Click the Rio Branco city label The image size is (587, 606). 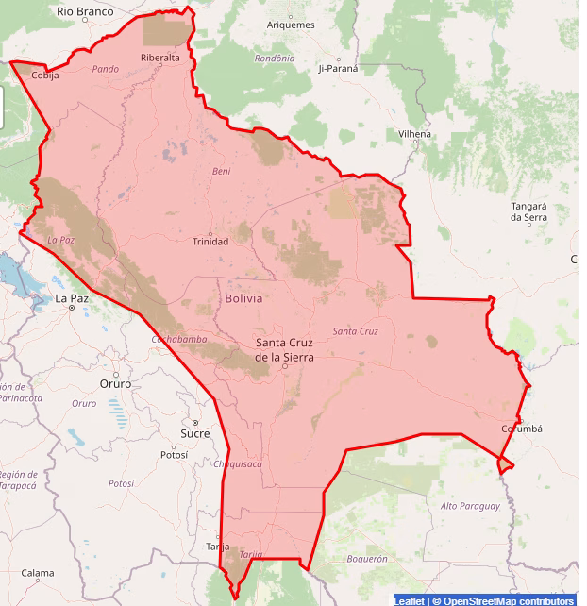click(x=85, y=11)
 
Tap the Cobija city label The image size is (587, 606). click(x=45, y=75)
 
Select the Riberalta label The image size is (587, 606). click(x=159, y=58)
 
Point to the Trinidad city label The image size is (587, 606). click(x=210, y=242)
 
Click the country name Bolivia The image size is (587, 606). click(x=243, y=297)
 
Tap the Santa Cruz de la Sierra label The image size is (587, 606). click(x=285, y=350)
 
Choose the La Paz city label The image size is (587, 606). click(x=72, y=298)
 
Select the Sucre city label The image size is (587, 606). click(x=194, y=433)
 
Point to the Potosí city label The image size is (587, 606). click(x=175, y=454)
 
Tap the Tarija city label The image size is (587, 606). click(x=217, y=547)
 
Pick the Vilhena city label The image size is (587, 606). click(x=414, y=134)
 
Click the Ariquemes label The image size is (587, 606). click(x=291, y=25)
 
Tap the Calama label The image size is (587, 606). click(x=38, y=573)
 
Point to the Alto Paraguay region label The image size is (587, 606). click(x=469, y=506)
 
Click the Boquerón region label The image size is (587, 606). click(x=367, y=559)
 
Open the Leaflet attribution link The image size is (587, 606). click(x=409, y=600)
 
